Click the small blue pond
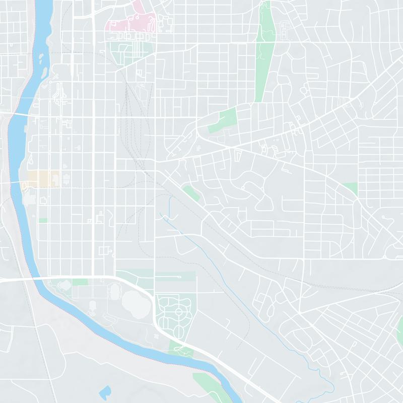(x=106, y=391)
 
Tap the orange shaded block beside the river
(x=43, y=178)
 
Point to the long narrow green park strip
(x=263, y=55)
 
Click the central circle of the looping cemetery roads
(x=177, y=312)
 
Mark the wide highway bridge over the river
(x=35, y=278)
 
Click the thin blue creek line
(x=212, y=252)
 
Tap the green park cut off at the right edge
(x=399, y=330)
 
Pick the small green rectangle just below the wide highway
(x=80, y=282)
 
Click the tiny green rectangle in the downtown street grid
(x=43, y=220)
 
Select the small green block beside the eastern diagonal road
(x=351, y=188)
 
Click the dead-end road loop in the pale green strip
(x=179, y=277)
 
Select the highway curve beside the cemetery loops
(x=151, y=307)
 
